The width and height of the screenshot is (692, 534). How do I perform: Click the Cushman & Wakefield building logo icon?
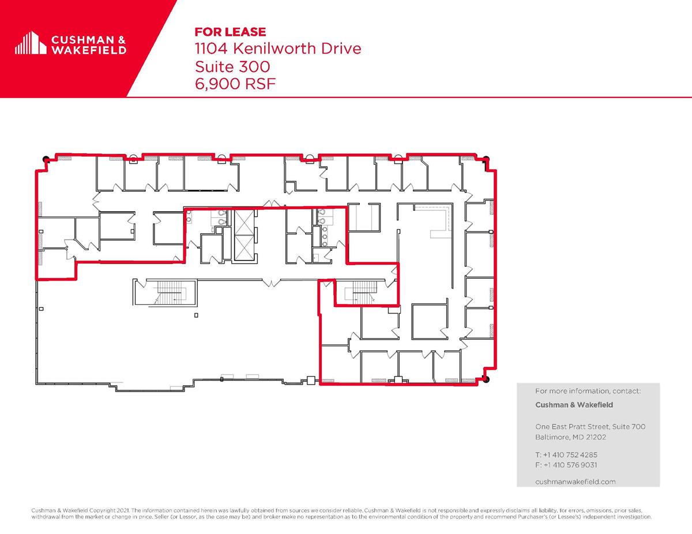coord(31,43)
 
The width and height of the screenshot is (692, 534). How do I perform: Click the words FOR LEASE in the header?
coord(230,32)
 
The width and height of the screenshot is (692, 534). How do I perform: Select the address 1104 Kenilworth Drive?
coord(278,48)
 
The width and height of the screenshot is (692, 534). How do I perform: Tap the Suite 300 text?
coord(232,66)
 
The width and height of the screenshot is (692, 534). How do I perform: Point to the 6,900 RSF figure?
coord(235,84)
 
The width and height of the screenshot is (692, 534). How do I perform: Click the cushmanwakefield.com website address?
coord(576,482)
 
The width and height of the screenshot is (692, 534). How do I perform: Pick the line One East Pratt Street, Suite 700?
coord(591,426)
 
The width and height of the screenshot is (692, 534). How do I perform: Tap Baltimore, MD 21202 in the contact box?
coord(571,437)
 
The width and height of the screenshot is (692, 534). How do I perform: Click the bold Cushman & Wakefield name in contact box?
coord(574,404)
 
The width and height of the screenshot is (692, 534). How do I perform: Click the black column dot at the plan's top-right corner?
coord(486,159)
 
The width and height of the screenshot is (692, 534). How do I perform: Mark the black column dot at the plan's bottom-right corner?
coord(486,379)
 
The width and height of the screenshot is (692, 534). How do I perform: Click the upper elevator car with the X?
coord(245,222)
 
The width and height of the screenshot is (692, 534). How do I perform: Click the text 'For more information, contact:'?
coord(588,391)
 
